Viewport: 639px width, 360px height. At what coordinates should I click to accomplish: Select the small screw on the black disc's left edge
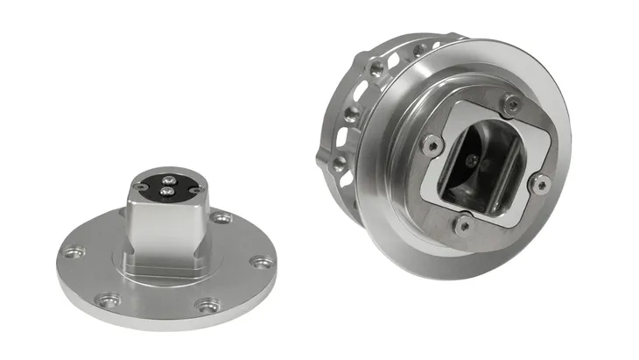coord(140,186)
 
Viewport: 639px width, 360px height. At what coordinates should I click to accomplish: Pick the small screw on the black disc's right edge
coord(196,189)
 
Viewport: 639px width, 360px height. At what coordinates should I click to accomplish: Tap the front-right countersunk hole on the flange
coord(207,306)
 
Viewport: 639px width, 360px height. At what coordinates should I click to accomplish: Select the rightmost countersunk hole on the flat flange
coord(257,261)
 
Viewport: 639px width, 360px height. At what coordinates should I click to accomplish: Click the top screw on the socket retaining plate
coord(513,105)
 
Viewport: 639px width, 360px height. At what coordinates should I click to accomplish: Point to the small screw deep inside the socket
coord(474,160)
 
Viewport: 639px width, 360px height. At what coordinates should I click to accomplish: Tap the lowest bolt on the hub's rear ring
coord(338,164)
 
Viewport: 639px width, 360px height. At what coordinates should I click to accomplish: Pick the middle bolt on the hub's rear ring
coord(349,115)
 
